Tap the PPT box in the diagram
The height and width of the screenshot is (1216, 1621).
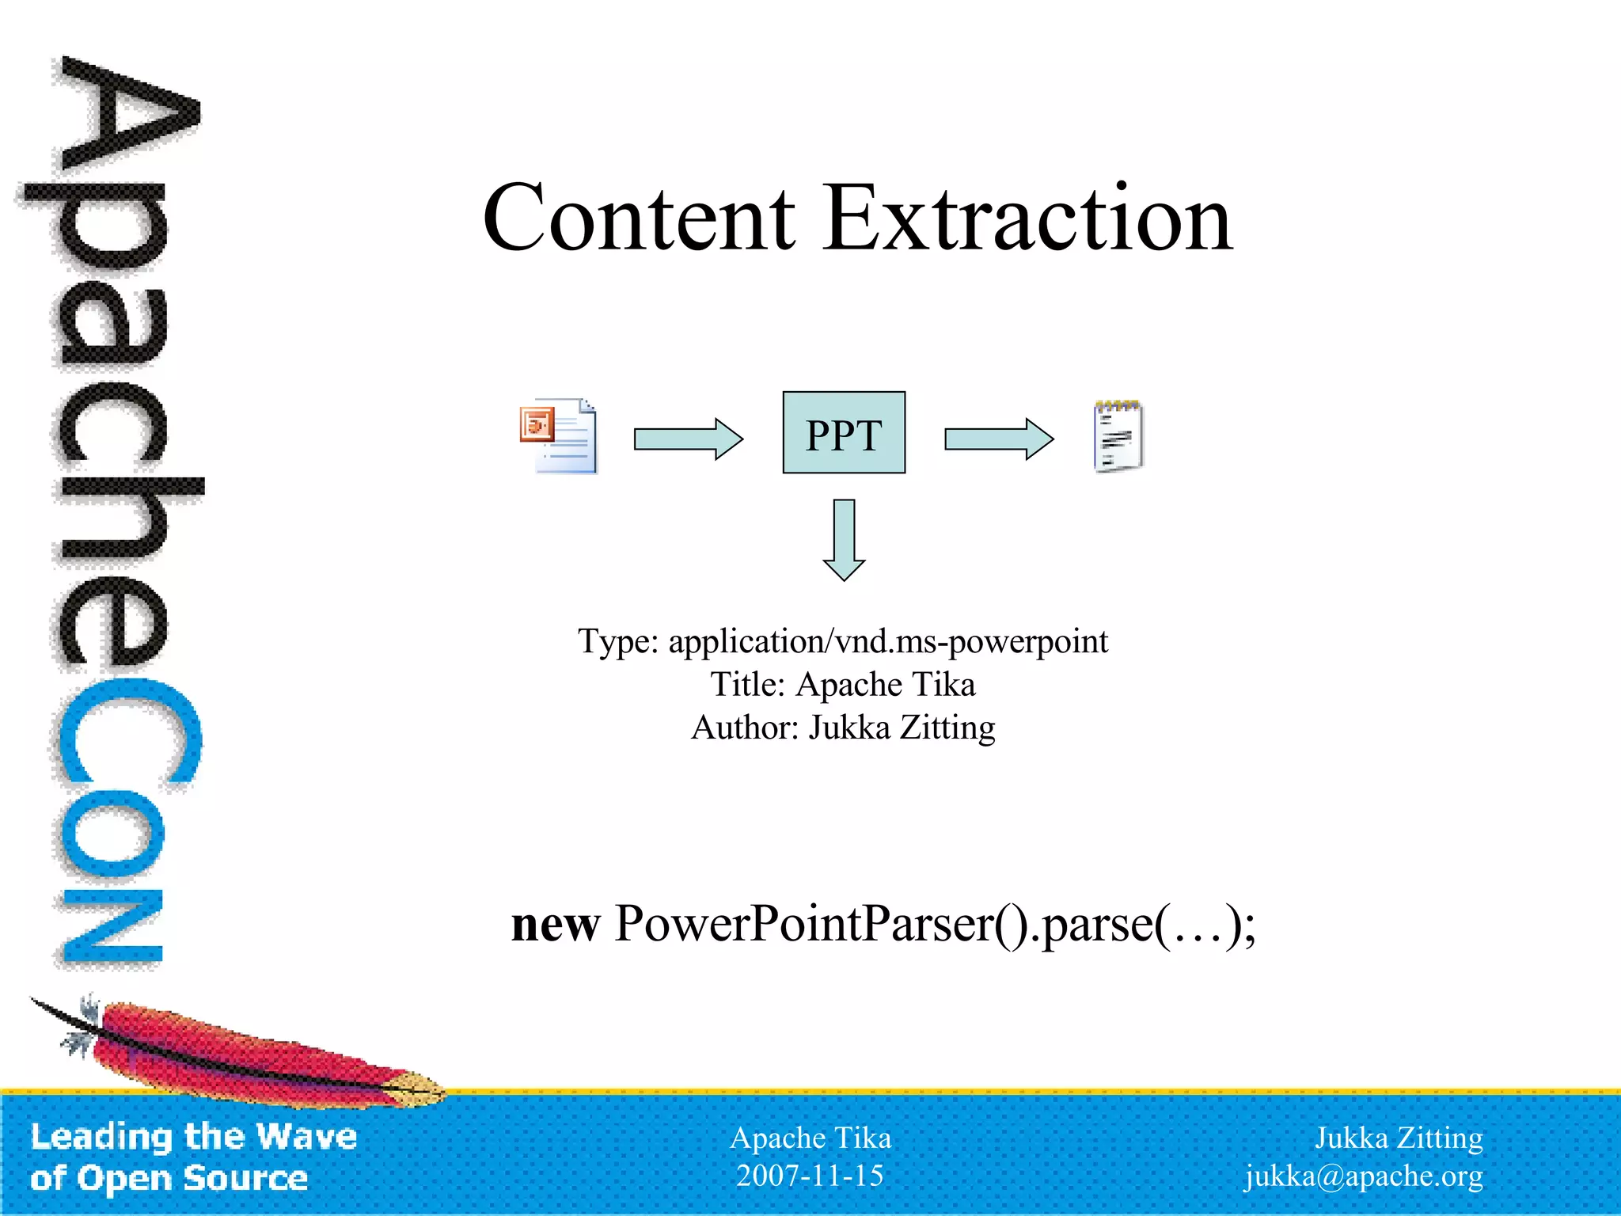point(844,432)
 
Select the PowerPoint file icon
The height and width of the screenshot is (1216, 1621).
point(559,435)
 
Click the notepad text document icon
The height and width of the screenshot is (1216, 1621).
point(1118,436)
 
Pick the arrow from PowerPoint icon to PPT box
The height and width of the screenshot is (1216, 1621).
point(688,439)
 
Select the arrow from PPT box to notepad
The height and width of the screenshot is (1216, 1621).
point(998,439)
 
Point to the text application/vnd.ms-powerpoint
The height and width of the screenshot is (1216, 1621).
point(887,641)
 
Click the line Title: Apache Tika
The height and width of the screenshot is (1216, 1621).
point(842,684)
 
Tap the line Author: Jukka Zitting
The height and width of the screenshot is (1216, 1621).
point(842,728)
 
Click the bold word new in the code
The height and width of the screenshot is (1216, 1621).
point(555,925)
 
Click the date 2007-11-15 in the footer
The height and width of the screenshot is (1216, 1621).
point(809,1176)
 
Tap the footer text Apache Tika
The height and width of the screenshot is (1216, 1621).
point(810,1138)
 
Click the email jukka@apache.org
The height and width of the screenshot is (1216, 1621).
point(1363,1176)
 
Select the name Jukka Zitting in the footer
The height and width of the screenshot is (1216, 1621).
point(1398,1138)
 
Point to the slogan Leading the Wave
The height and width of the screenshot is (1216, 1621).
point(194,1137)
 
